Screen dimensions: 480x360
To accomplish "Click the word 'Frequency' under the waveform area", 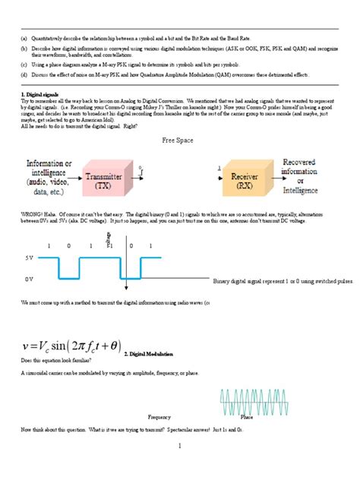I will (159, 417).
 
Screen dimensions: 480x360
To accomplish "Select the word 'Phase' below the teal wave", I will (247, 417).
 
